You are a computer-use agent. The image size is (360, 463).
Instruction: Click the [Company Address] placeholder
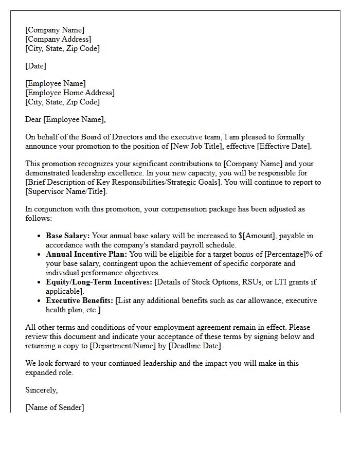58,39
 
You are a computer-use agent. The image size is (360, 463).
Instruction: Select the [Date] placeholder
35,66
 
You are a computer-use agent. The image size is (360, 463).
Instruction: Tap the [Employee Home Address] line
70,93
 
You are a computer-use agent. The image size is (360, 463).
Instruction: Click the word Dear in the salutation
33,119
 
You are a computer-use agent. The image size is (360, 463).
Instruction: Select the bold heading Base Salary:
68,236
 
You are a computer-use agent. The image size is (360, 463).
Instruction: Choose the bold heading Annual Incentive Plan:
86,254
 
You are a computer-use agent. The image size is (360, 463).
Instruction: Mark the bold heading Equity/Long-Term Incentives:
99,282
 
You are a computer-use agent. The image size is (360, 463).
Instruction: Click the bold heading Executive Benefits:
79,300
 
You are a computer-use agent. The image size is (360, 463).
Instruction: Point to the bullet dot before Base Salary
40,236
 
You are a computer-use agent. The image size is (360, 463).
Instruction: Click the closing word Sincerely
41,390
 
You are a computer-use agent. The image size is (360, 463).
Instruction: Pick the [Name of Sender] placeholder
55,407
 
